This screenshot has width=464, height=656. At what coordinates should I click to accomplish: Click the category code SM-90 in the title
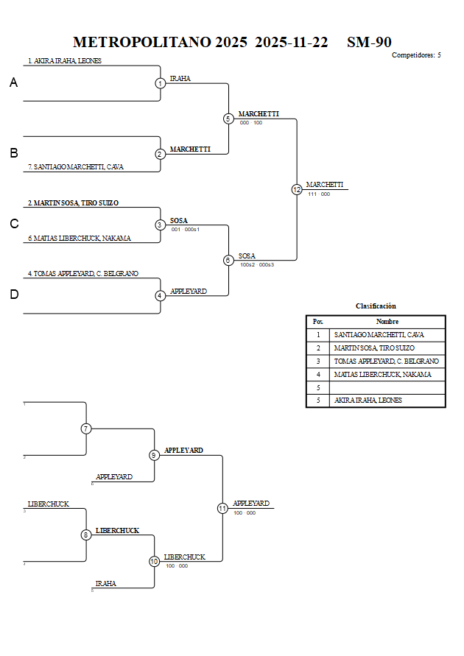(x=369, y=42)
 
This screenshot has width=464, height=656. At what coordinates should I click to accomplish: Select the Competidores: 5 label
(x=416, y=55)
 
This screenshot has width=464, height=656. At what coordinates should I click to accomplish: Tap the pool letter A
(x=13, y=83)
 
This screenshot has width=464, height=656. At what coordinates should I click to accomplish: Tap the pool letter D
(x=13, y=295)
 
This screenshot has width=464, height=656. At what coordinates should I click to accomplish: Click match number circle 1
(x=160, y=83)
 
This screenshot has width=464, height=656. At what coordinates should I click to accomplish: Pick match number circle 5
(x=228, y=119)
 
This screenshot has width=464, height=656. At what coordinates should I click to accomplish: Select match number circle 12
(x=297, y=189)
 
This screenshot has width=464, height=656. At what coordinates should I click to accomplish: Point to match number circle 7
(x=86, y=428)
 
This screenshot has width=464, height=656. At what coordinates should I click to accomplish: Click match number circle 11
(x=222, y=508)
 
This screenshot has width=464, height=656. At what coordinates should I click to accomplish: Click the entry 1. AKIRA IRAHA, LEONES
(x=65, y=61)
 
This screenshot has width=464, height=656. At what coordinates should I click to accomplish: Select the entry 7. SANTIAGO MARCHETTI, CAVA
(x=76, y=167)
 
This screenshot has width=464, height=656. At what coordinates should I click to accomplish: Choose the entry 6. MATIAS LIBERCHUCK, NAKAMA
(x=80, y=238)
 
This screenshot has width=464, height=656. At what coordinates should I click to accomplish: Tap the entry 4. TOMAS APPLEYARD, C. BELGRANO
(x=83, y=273)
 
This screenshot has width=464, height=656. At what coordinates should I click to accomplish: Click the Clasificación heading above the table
(x=376, y=306)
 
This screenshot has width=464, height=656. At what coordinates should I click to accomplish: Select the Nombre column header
(x=387, y=321)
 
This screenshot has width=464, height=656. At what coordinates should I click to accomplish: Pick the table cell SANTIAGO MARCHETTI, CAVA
(x=379, y=335)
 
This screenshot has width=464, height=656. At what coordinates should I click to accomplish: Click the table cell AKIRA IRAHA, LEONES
(x=368, y=401)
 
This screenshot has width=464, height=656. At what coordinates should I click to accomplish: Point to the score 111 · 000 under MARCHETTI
(x=319, y=194)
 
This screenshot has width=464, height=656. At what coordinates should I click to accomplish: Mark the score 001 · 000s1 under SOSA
(x=186, y=230)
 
